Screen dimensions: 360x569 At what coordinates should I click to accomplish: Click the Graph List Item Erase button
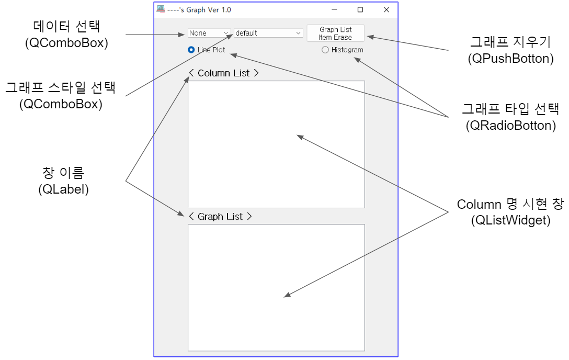[x=335, y=33]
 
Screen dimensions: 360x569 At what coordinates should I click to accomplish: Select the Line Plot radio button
[x=191, y=50]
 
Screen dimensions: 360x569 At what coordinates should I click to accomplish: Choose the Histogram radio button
[x=325, y=50]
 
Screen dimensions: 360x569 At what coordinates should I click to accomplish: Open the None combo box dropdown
[x=209, y=33]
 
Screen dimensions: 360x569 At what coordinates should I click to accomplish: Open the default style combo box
[x=268, y=33]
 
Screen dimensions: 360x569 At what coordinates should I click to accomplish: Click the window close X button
[x=386, y=9]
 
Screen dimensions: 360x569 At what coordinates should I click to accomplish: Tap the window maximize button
[x=360, y=9]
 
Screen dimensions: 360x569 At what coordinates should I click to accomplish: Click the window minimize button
[x=334, y=9]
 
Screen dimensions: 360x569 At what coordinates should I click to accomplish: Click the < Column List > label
[x=224, y=73]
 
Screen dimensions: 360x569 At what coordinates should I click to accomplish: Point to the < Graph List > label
[x=220, y=217]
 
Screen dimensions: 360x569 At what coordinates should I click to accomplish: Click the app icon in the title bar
[x=161, y=9]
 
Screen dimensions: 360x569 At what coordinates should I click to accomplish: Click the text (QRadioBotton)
[x=510, y=126]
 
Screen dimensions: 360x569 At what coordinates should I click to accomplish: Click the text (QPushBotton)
[x=510, y=59]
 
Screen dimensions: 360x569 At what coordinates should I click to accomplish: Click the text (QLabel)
[x=64, y=189]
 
